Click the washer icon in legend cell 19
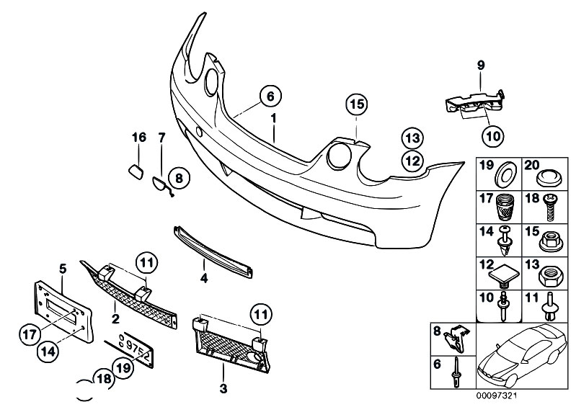[502, 175]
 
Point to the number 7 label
[161, 137]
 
